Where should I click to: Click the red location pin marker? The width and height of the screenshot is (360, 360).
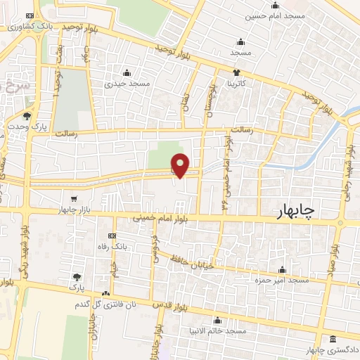click(x=181, y=165)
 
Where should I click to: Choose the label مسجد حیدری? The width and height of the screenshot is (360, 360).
click(x=127, y=83)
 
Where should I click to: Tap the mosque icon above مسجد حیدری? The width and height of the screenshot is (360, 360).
click(x=127, y=72)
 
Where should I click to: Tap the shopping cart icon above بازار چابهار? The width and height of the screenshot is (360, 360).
click(x=75, y=199)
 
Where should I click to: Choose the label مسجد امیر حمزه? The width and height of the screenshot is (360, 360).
click(x=283, y=280)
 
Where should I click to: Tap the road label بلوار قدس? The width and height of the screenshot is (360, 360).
click(x=167, y=304)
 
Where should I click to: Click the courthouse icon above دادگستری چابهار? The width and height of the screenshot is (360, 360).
click(x=333, y=340)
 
